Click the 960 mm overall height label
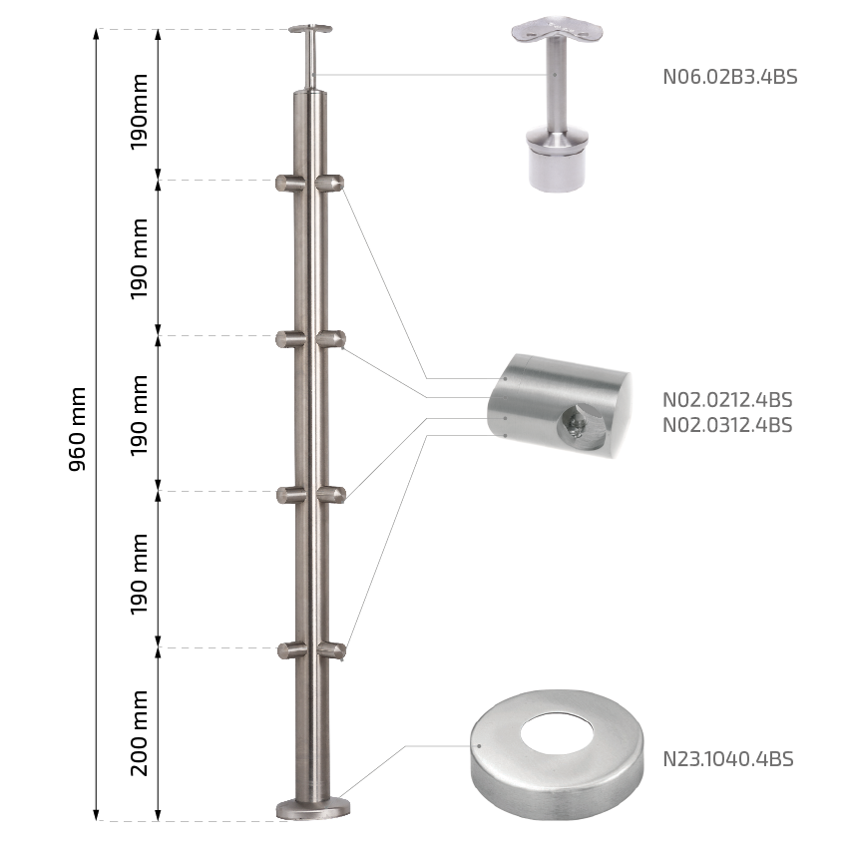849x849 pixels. click(78, 429)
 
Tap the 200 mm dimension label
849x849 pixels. click(139, 732)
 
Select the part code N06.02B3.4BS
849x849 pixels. click(730, 77)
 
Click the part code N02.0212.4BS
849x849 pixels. click(727, 400)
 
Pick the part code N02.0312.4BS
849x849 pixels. click(727, 425)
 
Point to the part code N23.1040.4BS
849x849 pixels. click(727, 759)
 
